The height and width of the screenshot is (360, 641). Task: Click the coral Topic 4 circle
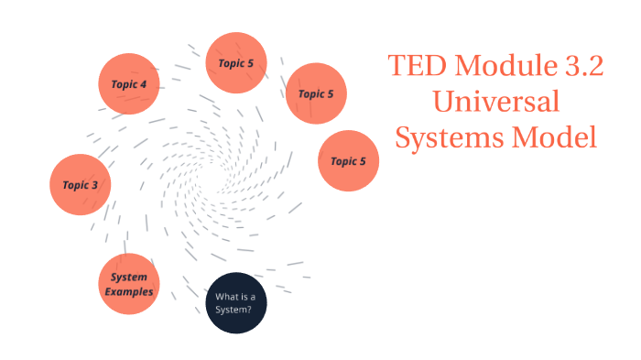click(x=129, y=83)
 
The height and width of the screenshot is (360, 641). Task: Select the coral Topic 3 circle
click(x=81, y=184)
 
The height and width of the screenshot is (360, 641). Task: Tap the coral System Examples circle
click(x=129, y=284)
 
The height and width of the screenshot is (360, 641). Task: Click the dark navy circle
click(x=235, y=303)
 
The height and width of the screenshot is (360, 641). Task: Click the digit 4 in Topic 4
click(x=143, y=84)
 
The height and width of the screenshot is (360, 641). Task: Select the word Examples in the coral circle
click(x=129, y=291)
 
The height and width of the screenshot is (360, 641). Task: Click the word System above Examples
click(x=129, y=278)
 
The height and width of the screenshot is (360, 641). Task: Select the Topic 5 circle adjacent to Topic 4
click(x=236, y=63)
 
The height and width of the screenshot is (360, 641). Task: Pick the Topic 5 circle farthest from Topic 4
click(x=348, y=161)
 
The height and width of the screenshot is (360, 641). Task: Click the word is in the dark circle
click(x=242, y=296)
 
